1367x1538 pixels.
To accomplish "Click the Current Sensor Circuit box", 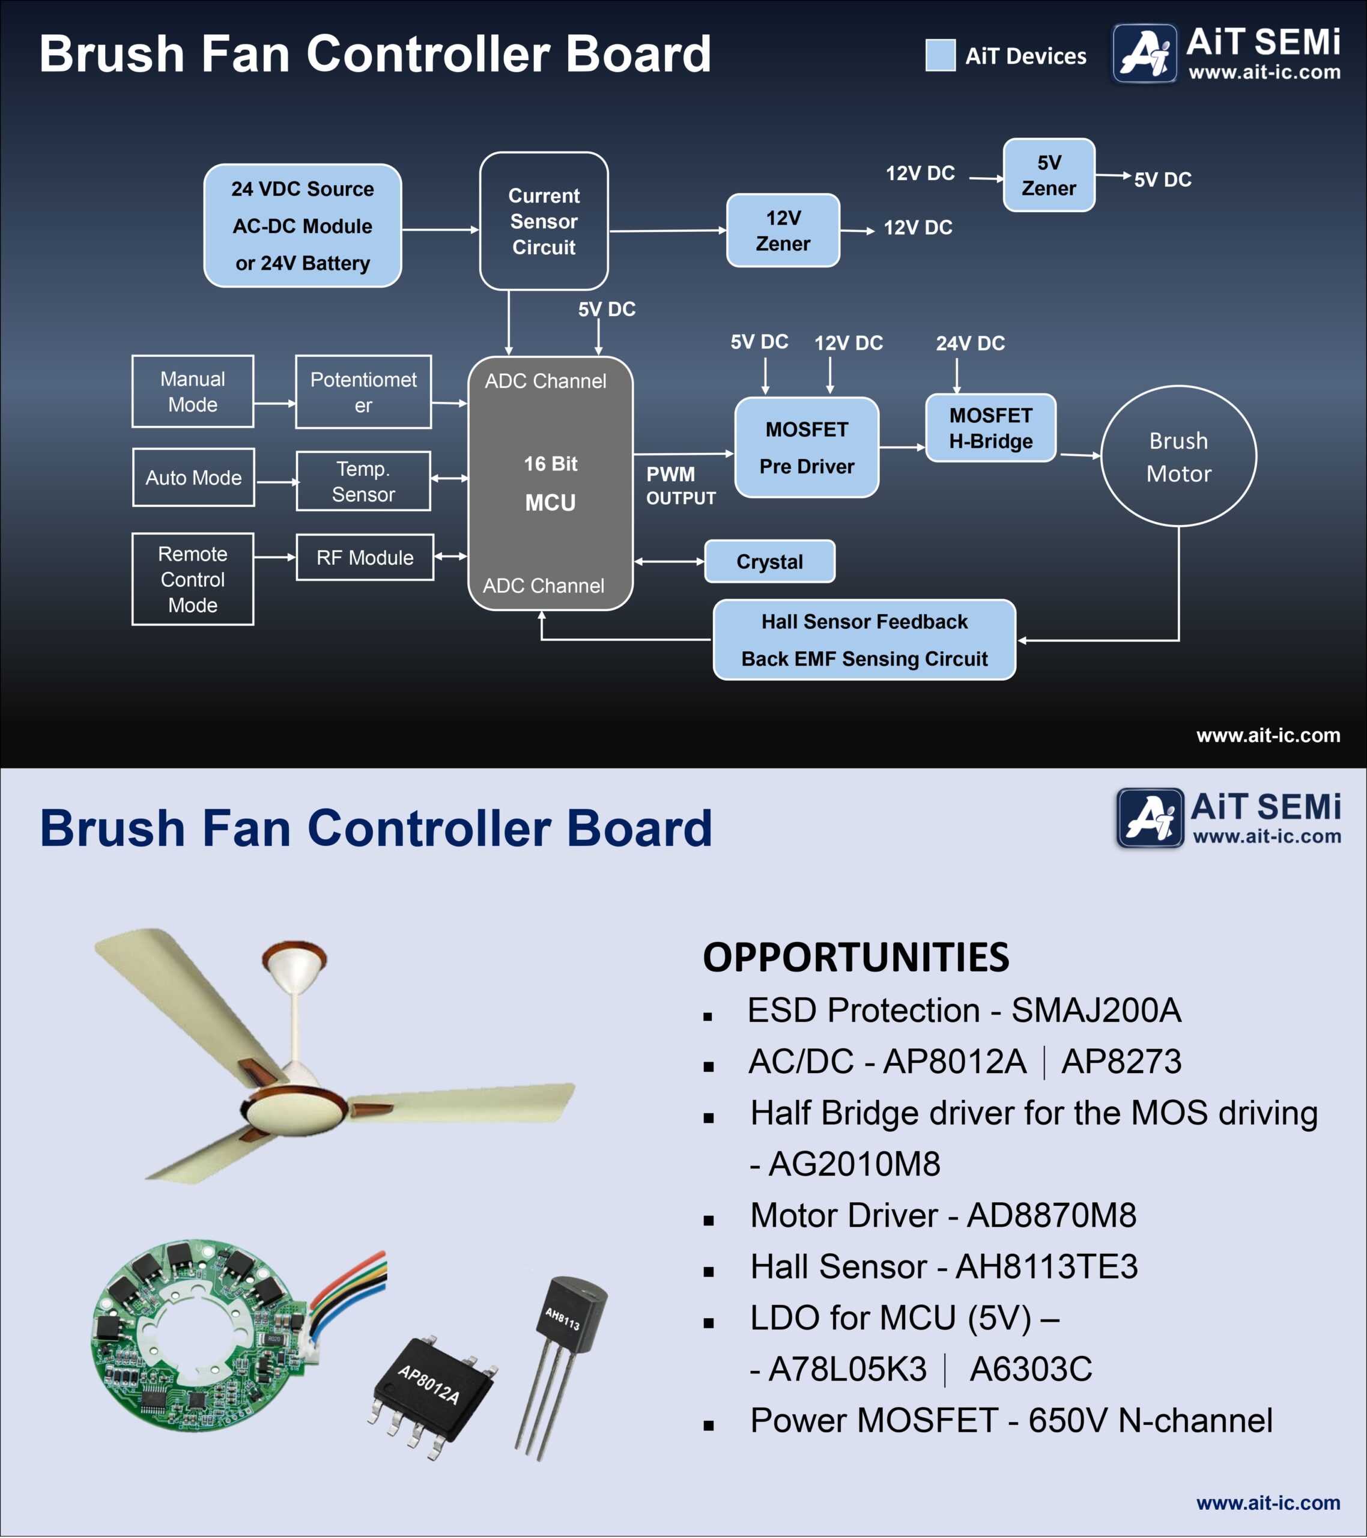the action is coord(544,221).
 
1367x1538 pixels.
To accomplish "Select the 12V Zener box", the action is coord(783,230).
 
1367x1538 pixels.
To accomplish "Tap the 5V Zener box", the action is coord(1049,175).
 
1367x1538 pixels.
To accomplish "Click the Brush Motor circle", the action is coord(1178,456).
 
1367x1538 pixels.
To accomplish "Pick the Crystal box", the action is coord(769,561).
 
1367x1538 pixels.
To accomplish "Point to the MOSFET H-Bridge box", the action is coord(991,428).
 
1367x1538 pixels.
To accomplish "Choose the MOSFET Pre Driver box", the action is coord(807,448).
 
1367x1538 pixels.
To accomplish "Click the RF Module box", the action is coord(365,558).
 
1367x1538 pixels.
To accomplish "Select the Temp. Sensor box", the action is coord(363,482).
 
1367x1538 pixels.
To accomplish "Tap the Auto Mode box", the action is coord(193,478).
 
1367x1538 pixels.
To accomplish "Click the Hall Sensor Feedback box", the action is coord(864,640).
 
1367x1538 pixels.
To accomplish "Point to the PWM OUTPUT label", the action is coord(681,486).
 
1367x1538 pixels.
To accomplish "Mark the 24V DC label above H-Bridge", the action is coord(971,344).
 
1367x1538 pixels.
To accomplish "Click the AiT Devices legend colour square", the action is coord(941,55).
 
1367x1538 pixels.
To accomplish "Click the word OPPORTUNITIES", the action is coord(855,958).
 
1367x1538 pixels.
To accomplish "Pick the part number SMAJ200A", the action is coord(1096,1011).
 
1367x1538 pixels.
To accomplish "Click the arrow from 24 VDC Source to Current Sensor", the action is coord(440,229).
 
